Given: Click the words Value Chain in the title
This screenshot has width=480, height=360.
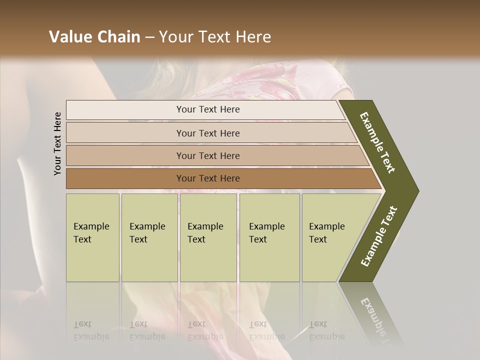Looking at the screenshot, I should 94,37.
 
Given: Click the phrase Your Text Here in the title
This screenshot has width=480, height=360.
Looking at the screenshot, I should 215,37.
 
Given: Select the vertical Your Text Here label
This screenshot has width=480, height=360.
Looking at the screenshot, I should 57,143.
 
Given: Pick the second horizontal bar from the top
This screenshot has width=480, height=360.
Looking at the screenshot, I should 207,133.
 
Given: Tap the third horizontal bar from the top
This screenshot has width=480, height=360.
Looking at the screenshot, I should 207,155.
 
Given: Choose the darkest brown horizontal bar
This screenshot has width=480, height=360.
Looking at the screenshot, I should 207,178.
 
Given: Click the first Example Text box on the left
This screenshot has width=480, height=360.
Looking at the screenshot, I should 92,237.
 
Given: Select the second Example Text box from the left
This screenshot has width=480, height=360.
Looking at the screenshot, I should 149,237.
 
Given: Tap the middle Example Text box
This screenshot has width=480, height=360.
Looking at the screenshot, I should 208,237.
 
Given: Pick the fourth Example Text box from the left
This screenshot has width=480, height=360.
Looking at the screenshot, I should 269,237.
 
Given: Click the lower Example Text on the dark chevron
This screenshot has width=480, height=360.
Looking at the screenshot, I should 379,236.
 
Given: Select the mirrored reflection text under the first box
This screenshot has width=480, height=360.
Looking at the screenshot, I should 91,330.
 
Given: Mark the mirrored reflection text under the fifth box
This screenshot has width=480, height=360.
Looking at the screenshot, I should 326,330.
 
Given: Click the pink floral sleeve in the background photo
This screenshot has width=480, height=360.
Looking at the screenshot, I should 320,80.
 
